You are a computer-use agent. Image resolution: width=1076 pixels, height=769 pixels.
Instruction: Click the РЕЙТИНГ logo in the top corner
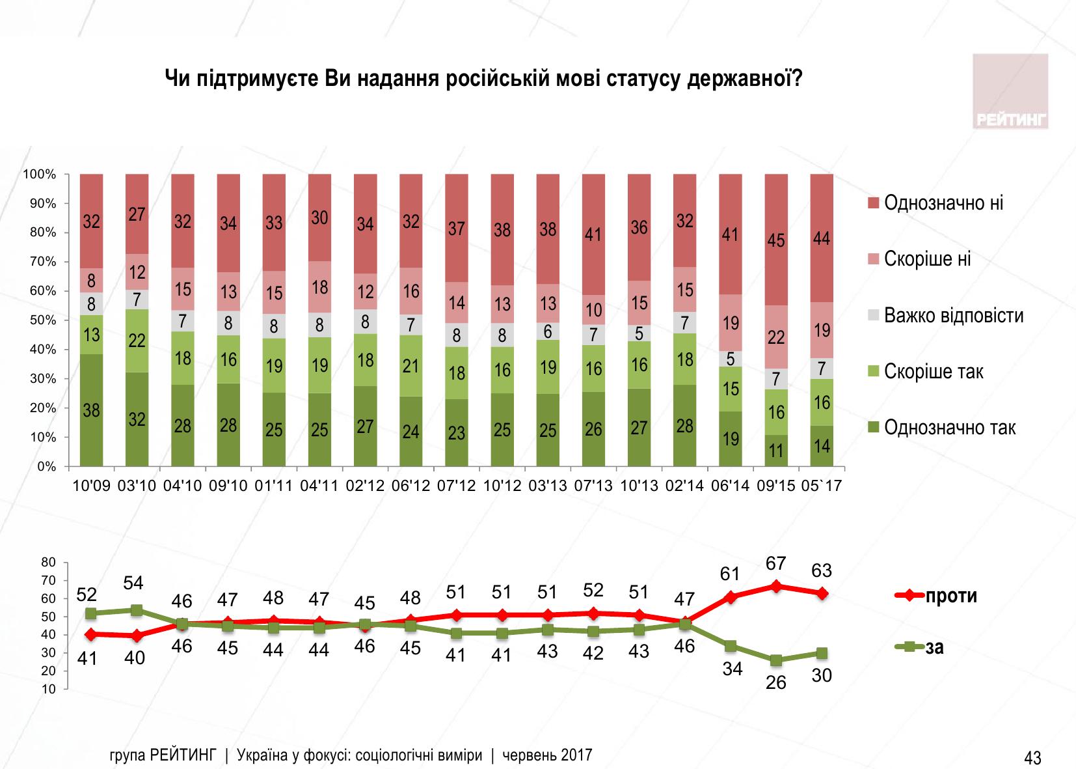point(1010,91)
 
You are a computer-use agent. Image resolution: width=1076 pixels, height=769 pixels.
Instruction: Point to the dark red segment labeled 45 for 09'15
point(776,240)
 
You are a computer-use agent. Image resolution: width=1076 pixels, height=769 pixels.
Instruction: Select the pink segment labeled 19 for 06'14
point(731,323)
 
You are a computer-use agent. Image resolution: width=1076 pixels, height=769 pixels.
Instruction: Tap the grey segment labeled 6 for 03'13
point(548,331)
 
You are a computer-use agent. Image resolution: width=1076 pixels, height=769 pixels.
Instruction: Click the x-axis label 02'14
point(685,486)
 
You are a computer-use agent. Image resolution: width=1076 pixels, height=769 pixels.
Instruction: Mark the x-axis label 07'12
point(457,486)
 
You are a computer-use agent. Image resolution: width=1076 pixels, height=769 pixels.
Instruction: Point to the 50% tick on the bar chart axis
point(40,320)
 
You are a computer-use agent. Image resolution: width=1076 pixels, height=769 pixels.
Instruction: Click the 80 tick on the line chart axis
point(50,562)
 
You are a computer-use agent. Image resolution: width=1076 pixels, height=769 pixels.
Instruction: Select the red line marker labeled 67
point(776,586)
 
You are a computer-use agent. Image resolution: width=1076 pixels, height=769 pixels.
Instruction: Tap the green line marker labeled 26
point(776,660)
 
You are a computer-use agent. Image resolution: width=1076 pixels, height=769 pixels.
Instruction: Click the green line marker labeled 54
point(137,610)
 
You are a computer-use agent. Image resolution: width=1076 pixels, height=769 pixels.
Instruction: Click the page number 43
point(1032,758)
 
